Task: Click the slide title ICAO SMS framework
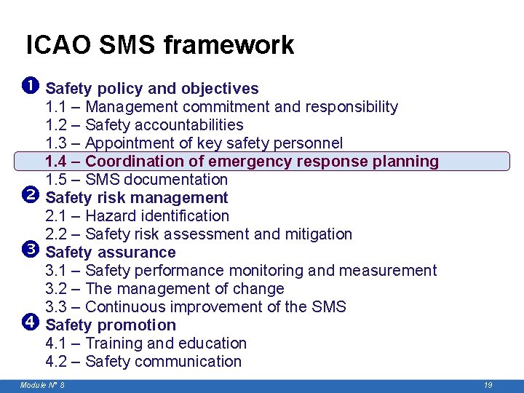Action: point(160,45)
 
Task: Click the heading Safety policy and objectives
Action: point(151,89)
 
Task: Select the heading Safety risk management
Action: point(136,198)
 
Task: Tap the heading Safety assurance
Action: point(110,253)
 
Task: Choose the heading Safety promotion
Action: point(110,325)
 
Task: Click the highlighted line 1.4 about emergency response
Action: point(242,162)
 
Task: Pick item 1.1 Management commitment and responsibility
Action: point(221,107)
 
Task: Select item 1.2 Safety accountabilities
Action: point(144,125)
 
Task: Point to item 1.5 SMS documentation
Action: point(136,180)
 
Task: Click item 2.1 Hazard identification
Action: point(137,216)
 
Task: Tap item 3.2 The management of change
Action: point(164,289)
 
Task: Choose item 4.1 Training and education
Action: point(146,344)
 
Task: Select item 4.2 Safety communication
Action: point(143,362)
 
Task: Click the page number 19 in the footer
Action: point(488,385)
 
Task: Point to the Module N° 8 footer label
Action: point(42,385)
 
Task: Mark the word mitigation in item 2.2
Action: point(318,234)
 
